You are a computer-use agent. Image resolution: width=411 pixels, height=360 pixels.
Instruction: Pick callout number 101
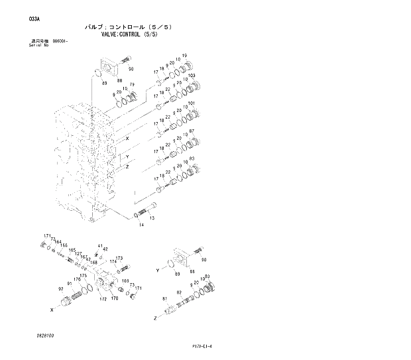[192, 103]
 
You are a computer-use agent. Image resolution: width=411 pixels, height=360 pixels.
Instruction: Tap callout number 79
[132, 85]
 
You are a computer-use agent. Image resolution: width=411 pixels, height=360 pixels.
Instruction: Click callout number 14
[141, 225]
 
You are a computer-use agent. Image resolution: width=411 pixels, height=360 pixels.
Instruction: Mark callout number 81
[164, 299]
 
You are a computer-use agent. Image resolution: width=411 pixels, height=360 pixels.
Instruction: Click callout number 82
[179, 292]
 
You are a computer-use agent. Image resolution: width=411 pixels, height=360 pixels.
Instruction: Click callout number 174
[112, 263]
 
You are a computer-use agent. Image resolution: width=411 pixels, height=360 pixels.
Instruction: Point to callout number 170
[114, 299]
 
